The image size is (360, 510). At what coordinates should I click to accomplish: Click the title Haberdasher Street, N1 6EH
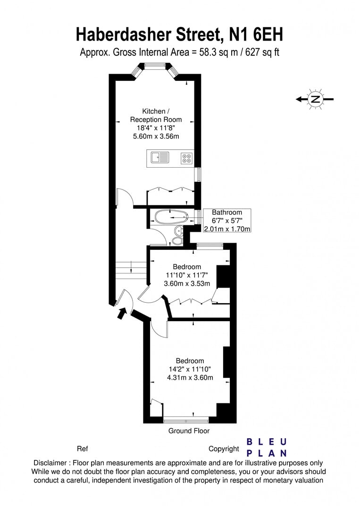pyautogui.click(x=179, y=34)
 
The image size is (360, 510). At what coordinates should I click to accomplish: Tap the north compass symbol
pyautogui.click(x=315, y=99)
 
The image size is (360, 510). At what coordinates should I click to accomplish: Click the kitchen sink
pyautogui.click(x=160, y=157)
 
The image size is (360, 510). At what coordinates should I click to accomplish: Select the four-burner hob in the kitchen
pyautogui.click(x=186, y=158)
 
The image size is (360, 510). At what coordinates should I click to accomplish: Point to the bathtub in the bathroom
pyautogui.click(x=170, y=217)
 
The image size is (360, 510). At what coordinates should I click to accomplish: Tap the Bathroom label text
pyautogui.click(x=226, y=212)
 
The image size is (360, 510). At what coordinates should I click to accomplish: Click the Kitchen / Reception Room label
pyautogui.click(x=156, y=116)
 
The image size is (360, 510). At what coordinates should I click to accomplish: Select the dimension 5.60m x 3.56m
pyautogui.click(x=156, y=136)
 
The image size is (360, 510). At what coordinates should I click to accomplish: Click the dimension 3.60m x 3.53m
pyautogui.click(x=186, y=283)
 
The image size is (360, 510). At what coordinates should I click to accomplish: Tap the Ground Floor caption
pyautogui.click(x=189, y=431)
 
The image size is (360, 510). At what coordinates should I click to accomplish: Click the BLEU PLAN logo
pyautogui.click(x=267, y=447)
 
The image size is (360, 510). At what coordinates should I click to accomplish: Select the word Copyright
pyautogui.click(x=224, y=449)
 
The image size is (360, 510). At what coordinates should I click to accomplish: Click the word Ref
pyautogui.click(x=82, y=449)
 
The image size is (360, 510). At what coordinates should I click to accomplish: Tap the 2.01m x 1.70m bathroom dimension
pyautogui.click(x=226, y=229)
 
